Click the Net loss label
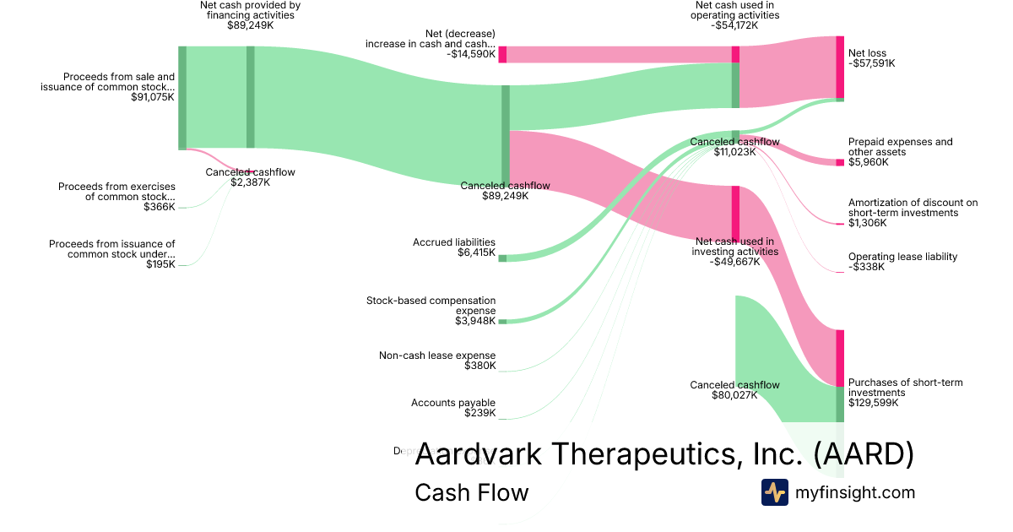(x=867, y=53)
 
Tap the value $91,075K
(x=153, y=97)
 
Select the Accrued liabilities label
(x=454, y=242)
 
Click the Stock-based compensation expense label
(x=431, y=305)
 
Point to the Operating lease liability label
(x=902, y=257)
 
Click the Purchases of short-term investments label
(x=905, y=388)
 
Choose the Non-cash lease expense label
(x=437, y=356)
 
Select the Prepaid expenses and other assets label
(x=900, y=147)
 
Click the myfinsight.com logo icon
(x=775, y=492)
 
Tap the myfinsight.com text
(x=855, y=492)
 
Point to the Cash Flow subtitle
(x=471, y=492)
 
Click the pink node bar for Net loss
(x=840, y=68)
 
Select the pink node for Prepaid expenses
(x=840, y=162)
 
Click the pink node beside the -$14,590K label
(x=502, y=54)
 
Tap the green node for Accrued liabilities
(x=502, y=258)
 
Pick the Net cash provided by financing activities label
(x=250, y=15)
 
